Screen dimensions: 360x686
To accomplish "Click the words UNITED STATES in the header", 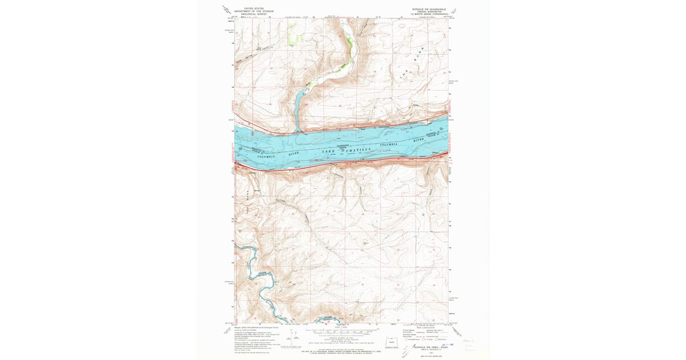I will [254, 9].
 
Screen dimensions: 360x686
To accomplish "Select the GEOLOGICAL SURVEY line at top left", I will [254, 14].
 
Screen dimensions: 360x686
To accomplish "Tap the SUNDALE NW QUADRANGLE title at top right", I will [429, 9].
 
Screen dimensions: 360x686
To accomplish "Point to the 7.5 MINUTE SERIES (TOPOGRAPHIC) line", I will [429, 14].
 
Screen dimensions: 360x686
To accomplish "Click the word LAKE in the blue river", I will [328, 151].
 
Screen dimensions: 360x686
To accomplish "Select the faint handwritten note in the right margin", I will [469, 345].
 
